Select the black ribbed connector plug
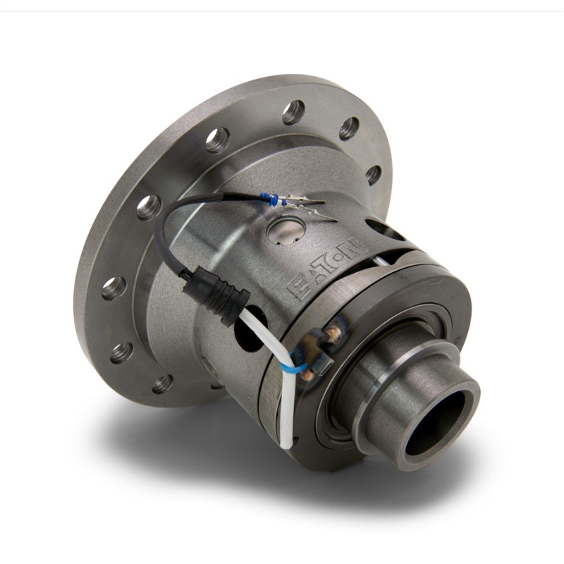215,295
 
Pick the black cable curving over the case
176,226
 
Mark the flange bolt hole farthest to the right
374,174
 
